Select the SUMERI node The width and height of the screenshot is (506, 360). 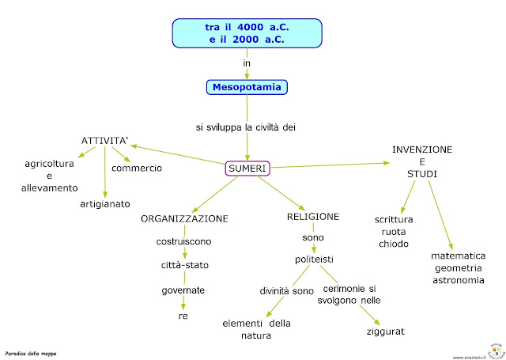(x=247, y=168)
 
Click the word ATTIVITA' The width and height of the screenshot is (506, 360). (x=105, y=141)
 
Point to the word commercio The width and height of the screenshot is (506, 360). (x=137, y=168)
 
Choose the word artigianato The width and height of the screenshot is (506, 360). (x=104, y=203)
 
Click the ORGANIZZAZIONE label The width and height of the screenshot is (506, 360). (x=184, y=218)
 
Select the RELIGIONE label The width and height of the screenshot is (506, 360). (x=313, y=216)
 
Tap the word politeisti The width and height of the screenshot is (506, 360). (x=312, y=259)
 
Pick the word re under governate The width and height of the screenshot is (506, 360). (x=183, y=316)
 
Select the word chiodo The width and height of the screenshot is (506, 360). (x=393, y=244)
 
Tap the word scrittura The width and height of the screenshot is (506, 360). (x=394, y=219)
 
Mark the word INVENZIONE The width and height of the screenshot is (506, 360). (x=422, y=149)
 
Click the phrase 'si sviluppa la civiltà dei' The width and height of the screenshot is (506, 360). (x=247, y=127)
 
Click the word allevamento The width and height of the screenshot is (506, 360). (x=49, y=188)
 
